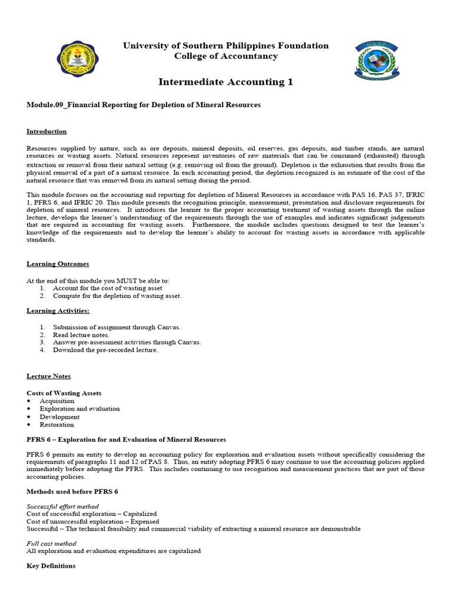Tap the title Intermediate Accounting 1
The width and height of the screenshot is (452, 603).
[x=225, y=82]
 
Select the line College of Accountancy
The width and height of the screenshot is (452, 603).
[x=225, y=56]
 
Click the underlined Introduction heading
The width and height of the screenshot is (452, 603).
[x=46, y=131]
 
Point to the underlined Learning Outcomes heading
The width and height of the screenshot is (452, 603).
[x=58, y=264]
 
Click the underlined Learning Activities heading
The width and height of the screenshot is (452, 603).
[x=58, y=310]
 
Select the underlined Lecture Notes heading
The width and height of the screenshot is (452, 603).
[x=48, y=376]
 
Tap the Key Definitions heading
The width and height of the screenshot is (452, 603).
[x=51, y=566]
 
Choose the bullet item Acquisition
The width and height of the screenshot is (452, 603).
[x=57, y=401]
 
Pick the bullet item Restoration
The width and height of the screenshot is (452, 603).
[x=56, y=425]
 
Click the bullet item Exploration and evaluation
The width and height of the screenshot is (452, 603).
[x=79, y=409]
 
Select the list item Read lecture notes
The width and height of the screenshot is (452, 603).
[x=81, y=334]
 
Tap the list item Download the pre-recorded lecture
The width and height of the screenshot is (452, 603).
[x=105, y=350]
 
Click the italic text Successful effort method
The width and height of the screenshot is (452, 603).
[x=62, y=506]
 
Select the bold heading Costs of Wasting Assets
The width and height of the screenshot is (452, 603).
[x=64, y=393]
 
